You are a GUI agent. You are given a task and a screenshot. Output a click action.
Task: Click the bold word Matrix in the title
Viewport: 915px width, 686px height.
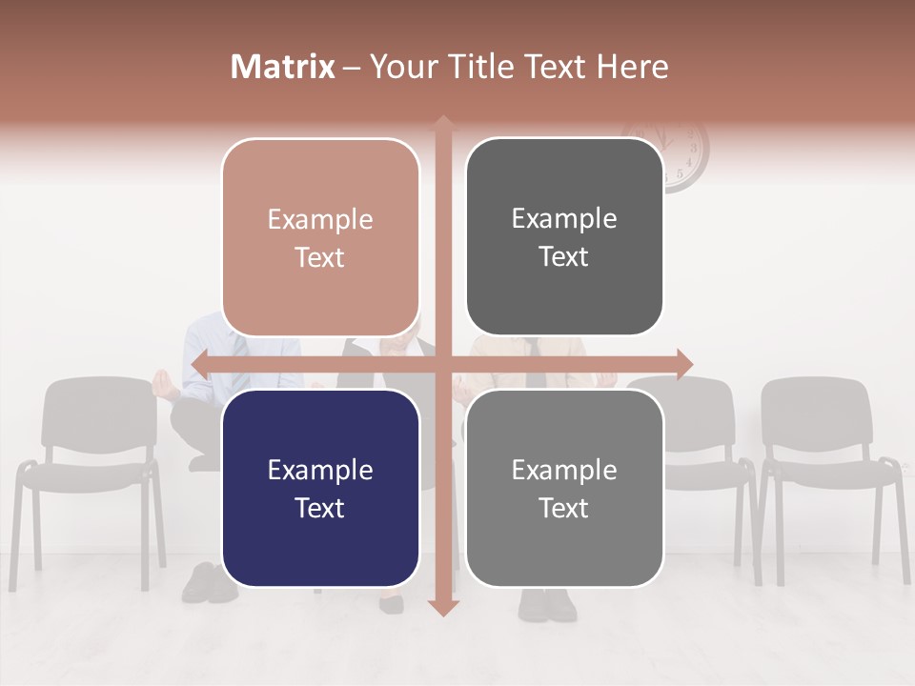[x=282, y=67]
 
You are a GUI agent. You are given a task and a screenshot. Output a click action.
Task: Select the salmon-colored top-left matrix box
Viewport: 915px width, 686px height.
[x=320, y=237]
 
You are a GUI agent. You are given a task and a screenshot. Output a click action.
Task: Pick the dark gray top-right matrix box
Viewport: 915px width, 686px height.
[x=564, y=237]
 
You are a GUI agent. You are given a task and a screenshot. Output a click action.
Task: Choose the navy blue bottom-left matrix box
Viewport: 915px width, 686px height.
[x=320, y=488]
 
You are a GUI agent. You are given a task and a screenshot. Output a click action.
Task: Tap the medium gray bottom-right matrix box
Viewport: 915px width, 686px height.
[x=564, y=488]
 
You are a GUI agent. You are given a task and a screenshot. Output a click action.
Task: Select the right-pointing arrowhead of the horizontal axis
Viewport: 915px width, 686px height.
[x=683, y=365]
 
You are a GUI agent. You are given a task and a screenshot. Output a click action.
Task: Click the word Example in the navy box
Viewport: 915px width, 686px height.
[x=320, y=470]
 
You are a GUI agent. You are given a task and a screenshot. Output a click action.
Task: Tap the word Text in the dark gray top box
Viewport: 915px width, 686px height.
[x=564, y=257]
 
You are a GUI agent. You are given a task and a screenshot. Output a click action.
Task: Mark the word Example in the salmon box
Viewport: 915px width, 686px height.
[x=320, y=219]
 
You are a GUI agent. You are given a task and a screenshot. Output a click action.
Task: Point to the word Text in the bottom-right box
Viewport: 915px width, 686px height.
[x=564, y=508]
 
